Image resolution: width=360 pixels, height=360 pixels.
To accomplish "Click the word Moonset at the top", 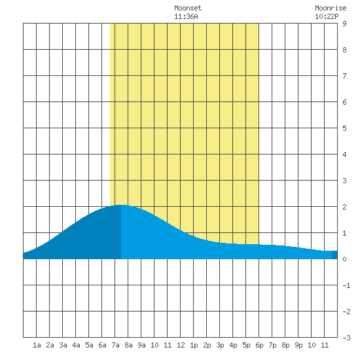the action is point(188,8).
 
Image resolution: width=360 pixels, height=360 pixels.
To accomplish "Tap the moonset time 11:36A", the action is point(186,16).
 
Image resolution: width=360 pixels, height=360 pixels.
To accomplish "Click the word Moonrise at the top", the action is point(331,8).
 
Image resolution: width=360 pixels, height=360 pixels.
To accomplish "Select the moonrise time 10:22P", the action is point(327,16).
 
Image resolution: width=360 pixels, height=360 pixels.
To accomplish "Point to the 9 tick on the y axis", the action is point(344,24).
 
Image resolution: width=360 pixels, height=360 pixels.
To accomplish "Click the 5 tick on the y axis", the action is point(344,128).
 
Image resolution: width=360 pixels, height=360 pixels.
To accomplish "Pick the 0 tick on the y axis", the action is point(344,259).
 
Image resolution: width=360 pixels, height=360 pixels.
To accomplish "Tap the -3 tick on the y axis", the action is point(346,338).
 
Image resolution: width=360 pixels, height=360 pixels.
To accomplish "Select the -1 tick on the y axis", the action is point(346,285).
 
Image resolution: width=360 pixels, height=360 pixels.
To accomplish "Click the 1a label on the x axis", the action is point(37,345).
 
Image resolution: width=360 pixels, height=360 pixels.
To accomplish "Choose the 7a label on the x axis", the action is point(115,345).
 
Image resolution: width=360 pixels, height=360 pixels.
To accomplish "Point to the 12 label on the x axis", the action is point(181,345).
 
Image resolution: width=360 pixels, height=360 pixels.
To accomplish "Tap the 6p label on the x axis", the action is point(259,345).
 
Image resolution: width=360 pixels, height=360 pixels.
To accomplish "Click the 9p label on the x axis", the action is point(298,345).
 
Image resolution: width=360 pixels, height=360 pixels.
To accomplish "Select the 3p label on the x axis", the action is point(220,345).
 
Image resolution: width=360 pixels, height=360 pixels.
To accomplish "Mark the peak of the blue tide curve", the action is point(121,205).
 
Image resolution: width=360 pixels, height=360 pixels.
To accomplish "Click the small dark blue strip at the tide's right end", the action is point(334,255).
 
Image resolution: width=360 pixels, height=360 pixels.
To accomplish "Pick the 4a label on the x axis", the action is point(76,345).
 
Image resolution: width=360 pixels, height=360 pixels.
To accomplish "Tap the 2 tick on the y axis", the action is point(344,207).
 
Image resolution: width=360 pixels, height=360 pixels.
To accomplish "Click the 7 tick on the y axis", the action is point(344,76).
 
